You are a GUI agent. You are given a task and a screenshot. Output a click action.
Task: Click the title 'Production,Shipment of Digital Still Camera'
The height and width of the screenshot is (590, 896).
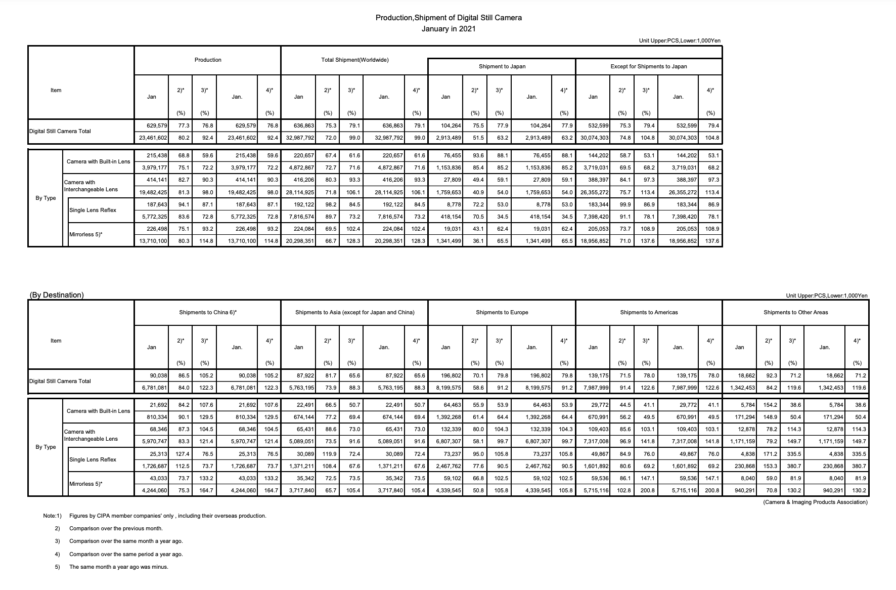coord(449,18)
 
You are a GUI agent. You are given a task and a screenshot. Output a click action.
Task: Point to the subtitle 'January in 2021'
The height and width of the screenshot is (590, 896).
coord(449,29)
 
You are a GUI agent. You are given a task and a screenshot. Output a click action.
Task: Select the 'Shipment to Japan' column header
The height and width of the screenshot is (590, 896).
coord(502,66)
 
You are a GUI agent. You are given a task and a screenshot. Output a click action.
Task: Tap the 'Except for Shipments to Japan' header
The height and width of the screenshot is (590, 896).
coord(648,66)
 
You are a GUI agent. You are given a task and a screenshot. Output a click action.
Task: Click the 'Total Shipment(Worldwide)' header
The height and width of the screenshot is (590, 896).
coord(354,60)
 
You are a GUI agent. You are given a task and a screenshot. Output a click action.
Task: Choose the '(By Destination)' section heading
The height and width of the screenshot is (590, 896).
coord(56,295)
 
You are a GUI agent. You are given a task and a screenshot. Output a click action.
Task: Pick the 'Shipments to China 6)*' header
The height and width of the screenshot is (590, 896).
coord(207,312)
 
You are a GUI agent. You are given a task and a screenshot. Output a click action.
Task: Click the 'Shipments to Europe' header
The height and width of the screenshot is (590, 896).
coord(502,312)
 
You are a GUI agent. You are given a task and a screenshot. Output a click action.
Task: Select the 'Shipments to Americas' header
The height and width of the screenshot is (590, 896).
coord(649,312)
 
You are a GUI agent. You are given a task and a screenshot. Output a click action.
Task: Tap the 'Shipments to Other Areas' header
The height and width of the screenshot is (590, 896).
coord(795,312)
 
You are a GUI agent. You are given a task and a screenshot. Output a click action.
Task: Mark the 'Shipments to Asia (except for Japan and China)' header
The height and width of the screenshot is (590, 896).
coord(354,312)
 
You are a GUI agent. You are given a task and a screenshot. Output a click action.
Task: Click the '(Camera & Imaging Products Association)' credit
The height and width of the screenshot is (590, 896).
coord(815,502)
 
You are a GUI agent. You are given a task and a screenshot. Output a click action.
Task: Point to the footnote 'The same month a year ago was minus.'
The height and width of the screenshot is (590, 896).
coord(118,567)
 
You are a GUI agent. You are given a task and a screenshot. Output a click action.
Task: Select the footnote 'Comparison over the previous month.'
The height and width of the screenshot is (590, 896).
coord(116,528)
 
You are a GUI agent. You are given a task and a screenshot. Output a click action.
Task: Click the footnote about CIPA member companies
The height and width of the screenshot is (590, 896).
coord(167,516)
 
